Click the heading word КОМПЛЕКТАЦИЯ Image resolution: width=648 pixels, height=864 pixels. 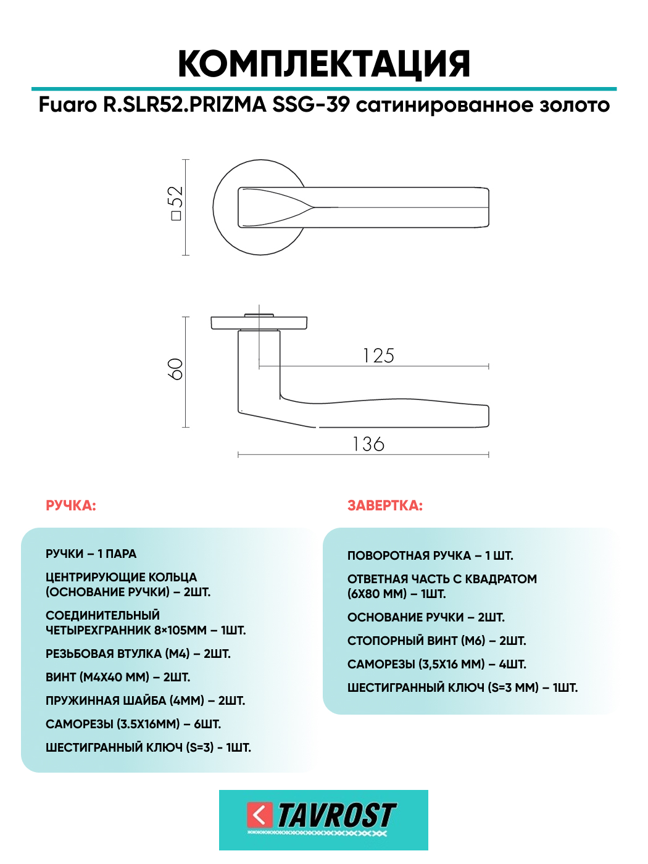[324, 64]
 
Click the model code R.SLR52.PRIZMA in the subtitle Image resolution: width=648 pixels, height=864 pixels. [185, 105]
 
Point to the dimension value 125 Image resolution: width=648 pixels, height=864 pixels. [378, 356]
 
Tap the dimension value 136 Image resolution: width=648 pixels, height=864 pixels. [368, 444]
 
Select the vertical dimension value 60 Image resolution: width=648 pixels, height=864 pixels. [176, 369]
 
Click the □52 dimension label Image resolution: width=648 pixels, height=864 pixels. [176, 203]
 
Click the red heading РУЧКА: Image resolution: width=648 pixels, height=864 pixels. [71, 506]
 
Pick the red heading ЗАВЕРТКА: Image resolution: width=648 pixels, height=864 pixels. [385, 506]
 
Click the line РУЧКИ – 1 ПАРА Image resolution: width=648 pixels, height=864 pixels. [91, 554]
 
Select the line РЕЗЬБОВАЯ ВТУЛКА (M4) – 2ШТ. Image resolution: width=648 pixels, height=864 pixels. [138, 654]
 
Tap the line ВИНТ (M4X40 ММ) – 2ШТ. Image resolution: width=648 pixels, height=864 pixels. [118, 678]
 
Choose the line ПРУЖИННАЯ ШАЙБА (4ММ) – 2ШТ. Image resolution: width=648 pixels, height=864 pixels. [146, 701]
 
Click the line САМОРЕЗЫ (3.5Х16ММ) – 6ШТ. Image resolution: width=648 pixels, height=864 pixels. [133, 725]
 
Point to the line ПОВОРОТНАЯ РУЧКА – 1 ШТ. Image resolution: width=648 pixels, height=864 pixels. [430, 556]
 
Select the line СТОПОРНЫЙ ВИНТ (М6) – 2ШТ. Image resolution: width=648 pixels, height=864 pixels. [437, 641]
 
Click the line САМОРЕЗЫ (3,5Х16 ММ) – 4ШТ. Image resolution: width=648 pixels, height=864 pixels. [437, 665]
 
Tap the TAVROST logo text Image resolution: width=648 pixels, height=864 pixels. [336, 816]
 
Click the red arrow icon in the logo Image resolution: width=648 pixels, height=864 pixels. [259, 815]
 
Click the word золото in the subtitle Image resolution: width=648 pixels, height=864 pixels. [575, 105]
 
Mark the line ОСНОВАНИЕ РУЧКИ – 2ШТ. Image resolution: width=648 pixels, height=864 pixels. [426, 618]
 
